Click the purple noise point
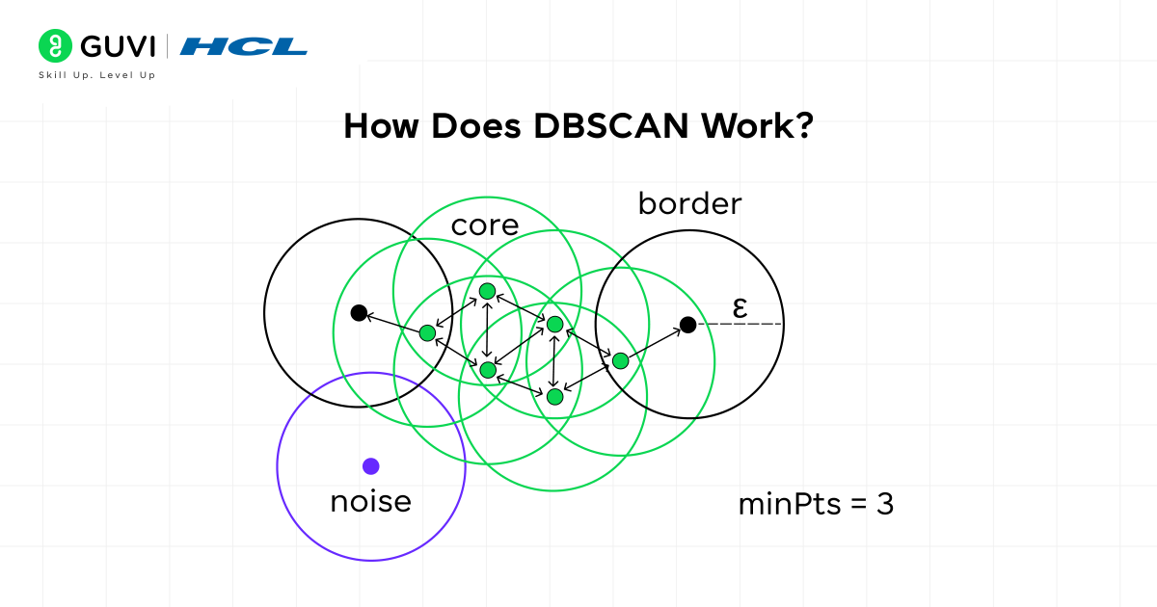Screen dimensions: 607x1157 pyautogui.click(x=370, y=466)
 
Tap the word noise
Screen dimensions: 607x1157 pyautogui.click(x=370, y=501)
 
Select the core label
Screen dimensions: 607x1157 pyautogui.click(x=485, y=225)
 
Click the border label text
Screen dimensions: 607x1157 pyautogui.click(x=689, y=204)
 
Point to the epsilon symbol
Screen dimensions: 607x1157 pyautogui.click(x=740, y=307)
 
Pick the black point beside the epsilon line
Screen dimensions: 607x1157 pyautogui.click(x=687, y=325)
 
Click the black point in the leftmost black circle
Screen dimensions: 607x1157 pyautogui.click(x=359, y=312)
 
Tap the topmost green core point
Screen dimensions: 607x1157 pyautogui.click(x=487, y=291)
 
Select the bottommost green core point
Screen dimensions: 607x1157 pyautogui.click(x=554, y=396)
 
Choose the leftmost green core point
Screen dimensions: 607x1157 pyautogui.click(x=427, y=332)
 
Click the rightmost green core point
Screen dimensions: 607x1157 pyautogui.click(x=620, y=360)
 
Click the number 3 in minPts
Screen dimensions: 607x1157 pyautogui.click(x=884, y=504)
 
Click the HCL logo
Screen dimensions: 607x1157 pyautogui.click(x=244, y=46)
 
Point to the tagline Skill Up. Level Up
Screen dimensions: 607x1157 pyautogui.click(x=96, y=75)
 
